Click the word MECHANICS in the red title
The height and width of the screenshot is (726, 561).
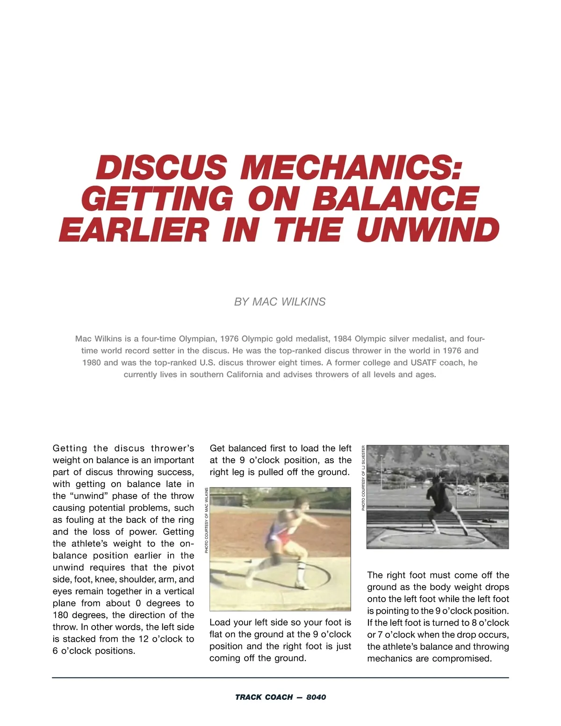click(x=351, y=167)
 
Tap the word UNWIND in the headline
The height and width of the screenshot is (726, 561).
click(x=428, y=230)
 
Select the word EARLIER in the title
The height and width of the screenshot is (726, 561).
click(x=134, y=230)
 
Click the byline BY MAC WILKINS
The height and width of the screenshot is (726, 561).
click(x=280, y=302)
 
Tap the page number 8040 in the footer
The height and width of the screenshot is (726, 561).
click(x=316, y=697)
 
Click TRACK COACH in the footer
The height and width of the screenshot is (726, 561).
click(x=264, y=697)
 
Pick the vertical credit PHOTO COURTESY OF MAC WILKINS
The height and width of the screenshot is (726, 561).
click(x=206, y=520)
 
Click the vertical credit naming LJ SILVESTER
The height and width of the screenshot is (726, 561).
click(x=364, y=478)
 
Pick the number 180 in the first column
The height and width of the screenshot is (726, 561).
click(x=60, y=615)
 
